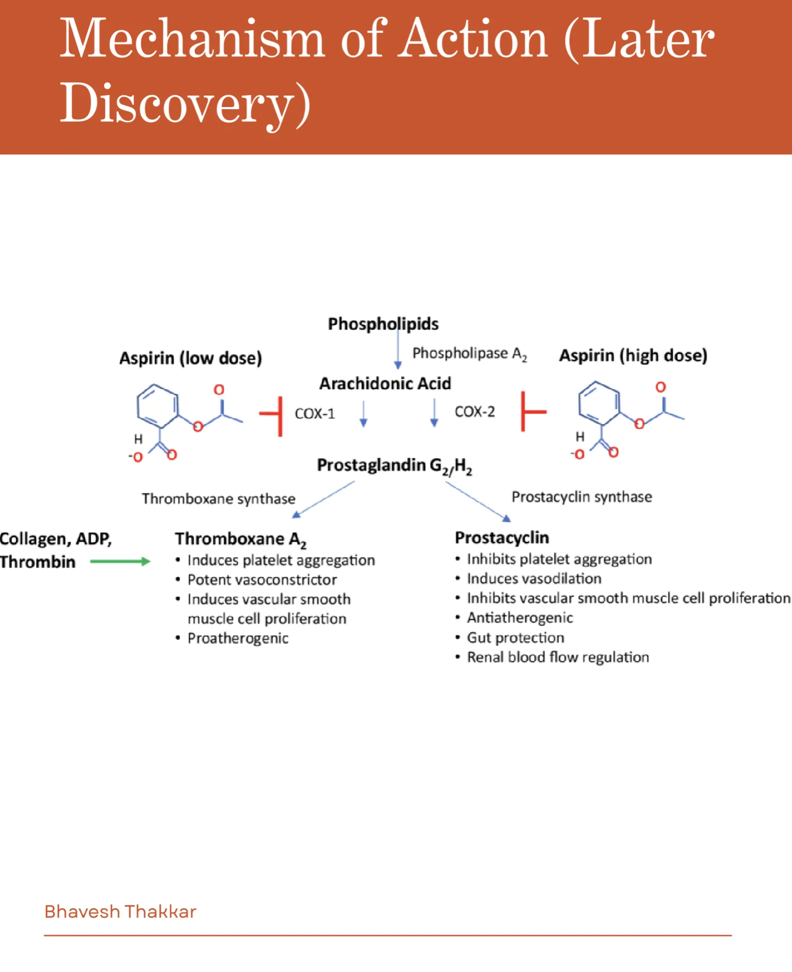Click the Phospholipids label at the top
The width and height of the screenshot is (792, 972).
[383, 324]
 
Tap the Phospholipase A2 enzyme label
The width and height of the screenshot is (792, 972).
[469, 354]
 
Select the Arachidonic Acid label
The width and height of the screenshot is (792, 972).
[385, 384]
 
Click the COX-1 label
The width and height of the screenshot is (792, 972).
[315, 414]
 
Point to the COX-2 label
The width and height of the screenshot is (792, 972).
[475, 412]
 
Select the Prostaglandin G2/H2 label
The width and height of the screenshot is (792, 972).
[394, 466]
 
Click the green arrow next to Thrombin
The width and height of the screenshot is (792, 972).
[120, 561]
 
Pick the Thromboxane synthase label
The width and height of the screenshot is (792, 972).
[219, 499]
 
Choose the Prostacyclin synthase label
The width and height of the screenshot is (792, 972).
[581, 497]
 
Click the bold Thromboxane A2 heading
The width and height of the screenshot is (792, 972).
[241, 539]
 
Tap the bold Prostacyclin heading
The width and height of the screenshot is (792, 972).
[502, 538]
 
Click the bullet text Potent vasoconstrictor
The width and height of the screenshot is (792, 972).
[262, 580]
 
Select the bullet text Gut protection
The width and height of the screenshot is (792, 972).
[515, 638]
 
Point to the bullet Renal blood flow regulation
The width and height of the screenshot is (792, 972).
[558, 657]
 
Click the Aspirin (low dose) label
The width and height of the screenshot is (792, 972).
[190, 358]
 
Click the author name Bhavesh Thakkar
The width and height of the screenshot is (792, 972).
[120, 911]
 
